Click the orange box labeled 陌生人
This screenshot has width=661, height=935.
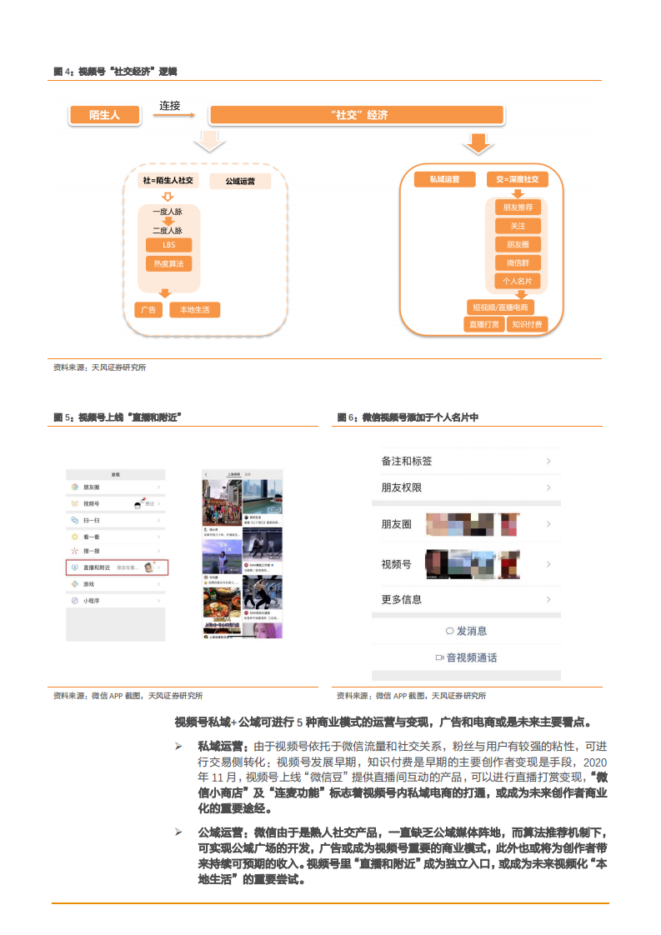pos(104,116)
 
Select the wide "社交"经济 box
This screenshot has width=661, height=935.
pos(356,116)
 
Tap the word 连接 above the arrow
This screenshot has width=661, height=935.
pos(171,106)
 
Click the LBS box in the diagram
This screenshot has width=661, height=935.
pos(168,245)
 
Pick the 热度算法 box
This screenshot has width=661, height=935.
pos(168,264)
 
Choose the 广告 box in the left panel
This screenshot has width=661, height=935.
pos(148,310)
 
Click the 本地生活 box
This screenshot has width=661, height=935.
pos(195,310)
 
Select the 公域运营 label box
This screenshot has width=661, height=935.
pos(240,180)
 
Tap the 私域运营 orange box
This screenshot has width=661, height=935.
pos(444,179)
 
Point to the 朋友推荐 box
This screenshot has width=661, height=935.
pos(518,207)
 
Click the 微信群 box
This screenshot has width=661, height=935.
pos(518,262)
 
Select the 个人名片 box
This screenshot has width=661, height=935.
pos(518,282)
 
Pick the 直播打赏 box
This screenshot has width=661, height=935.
pos(484,324)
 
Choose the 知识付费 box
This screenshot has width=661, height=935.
pos(527,324)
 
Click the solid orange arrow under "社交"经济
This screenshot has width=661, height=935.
pos(478,143)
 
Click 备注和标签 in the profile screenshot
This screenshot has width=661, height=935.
pos(407,461)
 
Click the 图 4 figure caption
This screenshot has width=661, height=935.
pos(115,72)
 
